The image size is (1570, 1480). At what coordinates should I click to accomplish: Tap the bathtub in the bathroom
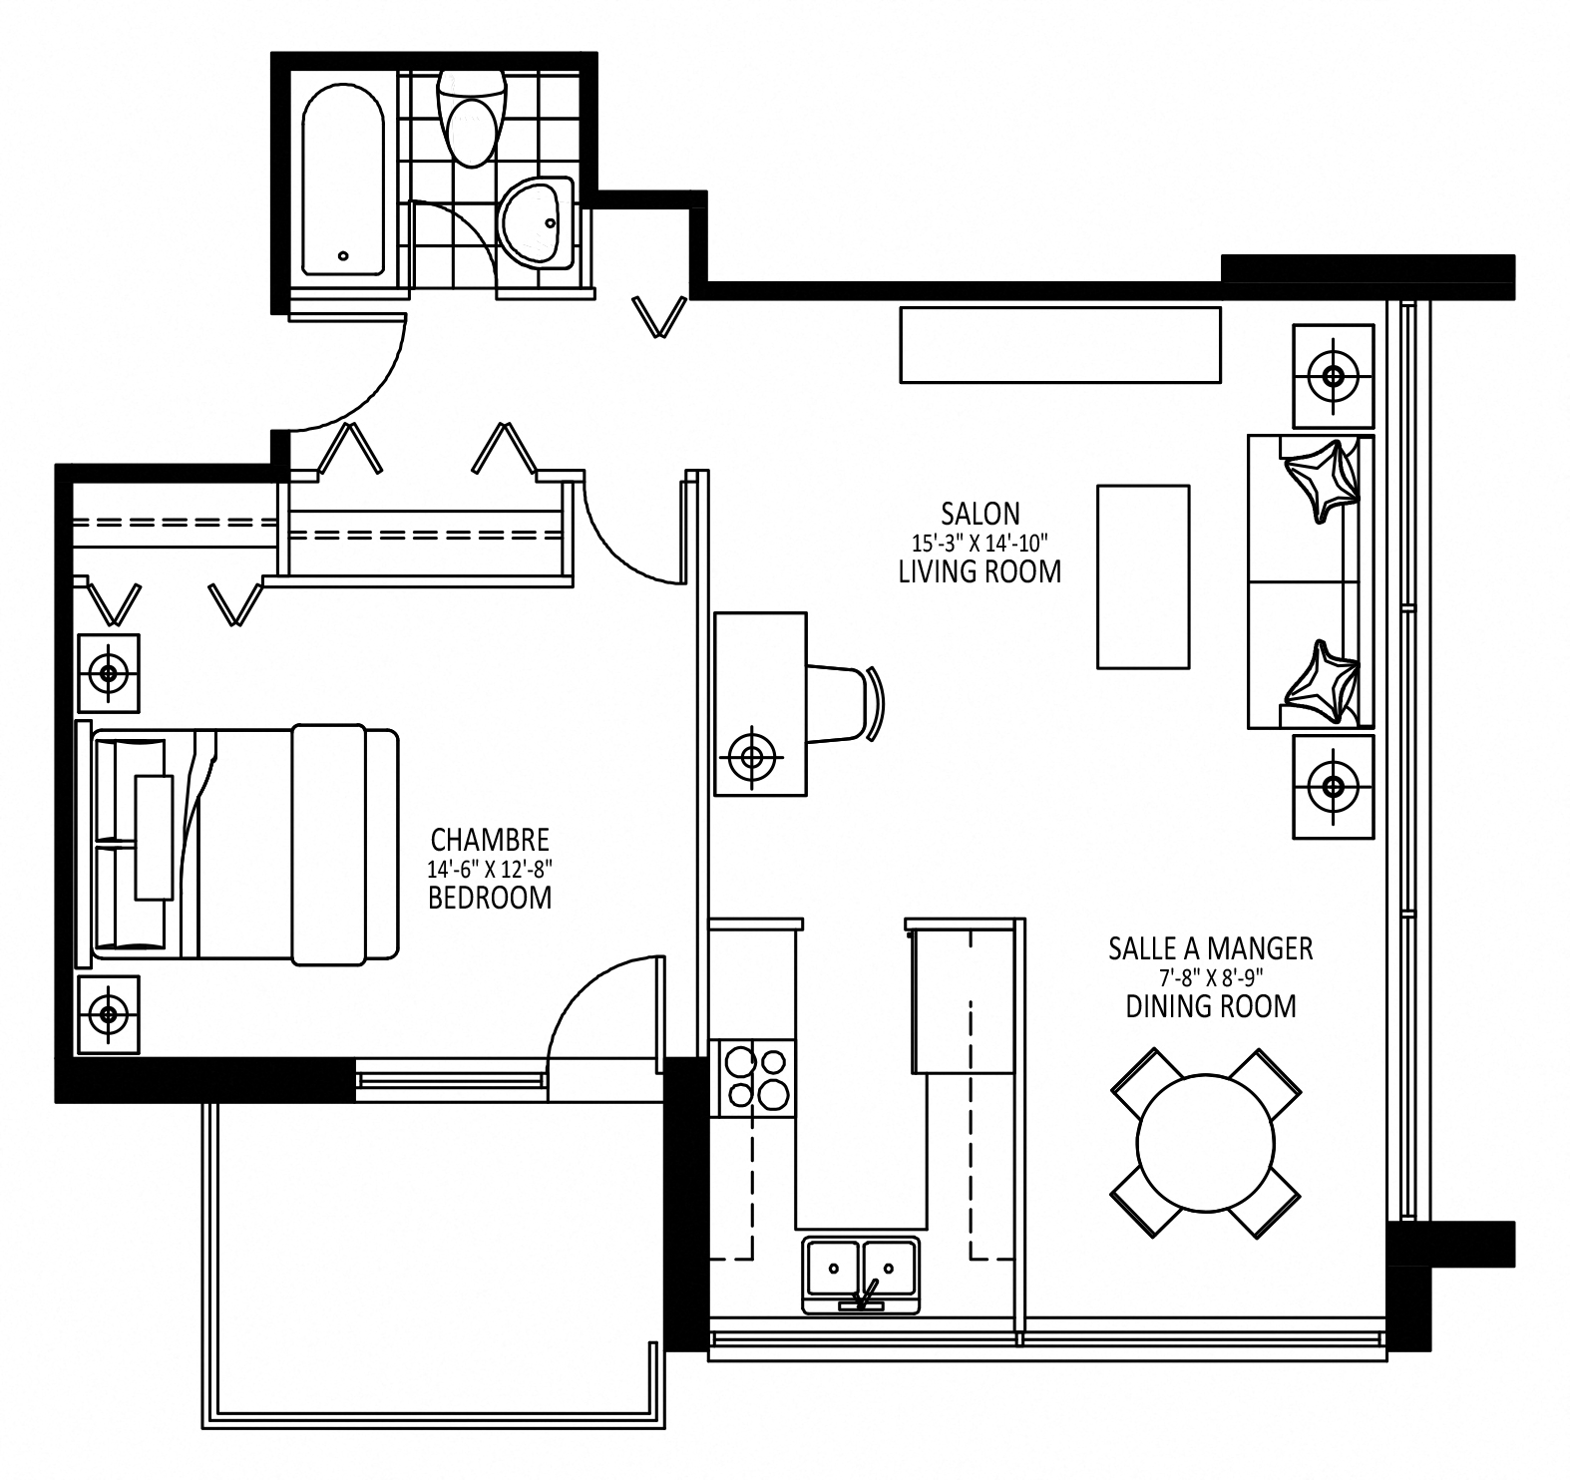click(343, 180)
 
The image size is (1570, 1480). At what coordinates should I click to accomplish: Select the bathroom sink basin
click(536, 223)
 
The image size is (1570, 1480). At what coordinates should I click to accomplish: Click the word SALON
click(981, 514)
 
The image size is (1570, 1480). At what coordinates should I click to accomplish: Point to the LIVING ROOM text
click(980, 571)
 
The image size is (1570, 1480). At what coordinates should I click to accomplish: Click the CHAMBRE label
click(489, 839)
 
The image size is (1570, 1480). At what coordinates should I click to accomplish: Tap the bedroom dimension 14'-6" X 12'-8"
click(489, 868)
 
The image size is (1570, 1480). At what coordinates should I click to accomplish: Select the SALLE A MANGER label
click(1211, 948)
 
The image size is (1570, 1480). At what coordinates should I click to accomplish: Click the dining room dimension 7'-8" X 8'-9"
click(1211, 977)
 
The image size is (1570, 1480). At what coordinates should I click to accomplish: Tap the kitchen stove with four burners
click(755, 1078)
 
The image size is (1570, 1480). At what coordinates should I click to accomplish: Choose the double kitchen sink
click(861, 1274)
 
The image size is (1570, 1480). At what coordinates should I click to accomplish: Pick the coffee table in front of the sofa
click(1143, 576)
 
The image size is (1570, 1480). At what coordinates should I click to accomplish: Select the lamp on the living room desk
click(753, 756)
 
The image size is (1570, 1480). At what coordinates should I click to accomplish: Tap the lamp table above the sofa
click(1333, 376)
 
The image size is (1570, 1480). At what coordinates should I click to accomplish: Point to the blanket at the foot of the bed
click(344, 845)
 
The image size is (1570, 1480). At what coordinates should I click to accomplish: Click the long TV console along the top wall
click(1060, 345)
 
